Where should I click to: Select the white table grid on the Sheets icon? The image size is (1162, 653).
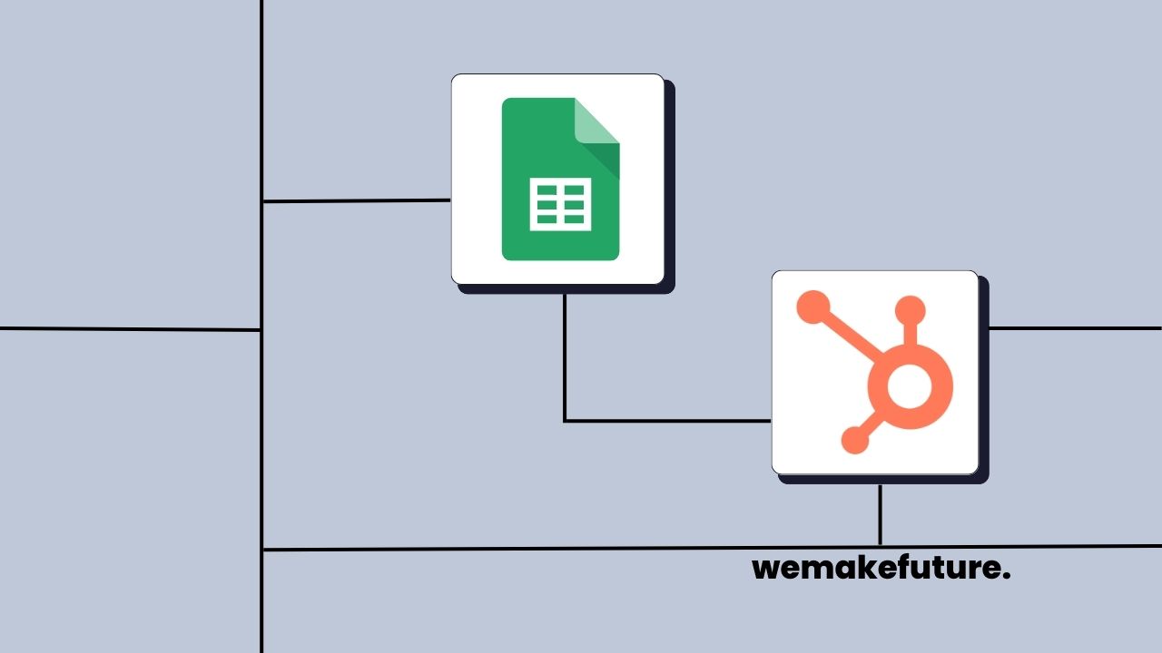pos(560,203)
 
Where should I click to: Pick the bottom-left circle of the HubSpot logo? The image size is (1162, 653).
pos(854,440)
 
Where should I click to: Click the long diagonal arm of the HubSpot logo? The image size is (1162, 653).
pos(849,336)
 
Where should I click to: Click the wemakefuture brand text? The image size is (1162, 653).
pos(881,569)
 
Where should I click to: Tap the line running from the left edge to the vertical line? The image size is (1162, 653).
pos(127,328)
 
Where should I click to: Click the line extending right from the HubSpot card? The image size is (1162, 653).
pos(1071,327)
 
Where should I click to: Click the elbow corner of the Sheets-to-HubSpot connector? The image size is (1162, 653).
pos(565,421)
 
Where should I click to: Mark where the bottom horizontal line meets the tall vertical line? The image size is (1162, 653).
pos(261,550)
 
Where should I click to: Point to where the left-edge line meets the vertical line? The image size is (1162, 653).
pos(261,329)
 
